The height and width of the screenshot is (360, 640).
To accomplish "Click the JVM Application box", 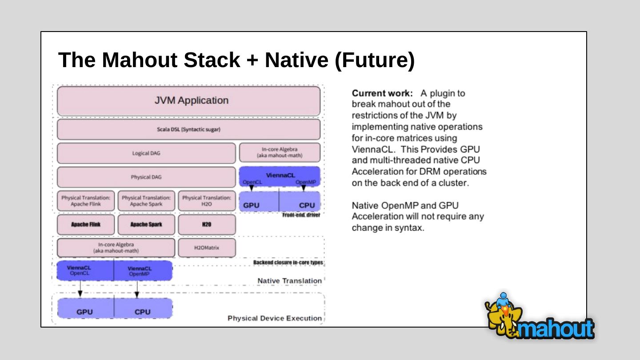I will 188,101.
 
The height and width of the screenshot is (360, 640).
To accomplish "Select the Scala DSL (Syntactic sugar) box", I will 188,130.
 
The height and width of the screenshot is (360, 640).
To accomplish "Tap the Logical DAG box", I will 146,153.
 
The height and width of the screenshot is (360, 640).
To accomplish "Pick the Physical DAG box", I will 146,177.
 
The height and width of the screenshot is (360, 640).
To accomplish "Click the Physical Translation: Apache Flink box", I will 86,201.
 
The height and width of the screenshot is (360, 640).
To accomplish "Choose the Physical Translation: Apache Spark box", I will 146,201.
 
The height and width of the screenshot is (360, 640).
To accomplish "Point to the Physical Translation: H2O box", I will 207,201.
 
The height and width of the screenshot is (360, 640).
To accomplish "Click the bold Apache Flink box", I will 86,224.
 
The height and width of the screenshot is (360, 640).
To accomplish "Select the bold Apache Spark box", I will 146,224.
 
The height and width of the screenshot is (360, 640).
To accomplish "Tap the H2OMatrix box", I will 207,248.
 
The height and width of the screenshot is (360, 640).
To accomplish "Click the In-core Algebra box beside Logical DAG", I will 280,152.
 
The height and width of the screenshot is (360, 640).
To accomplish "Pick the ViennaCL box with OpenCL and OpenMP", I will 280,176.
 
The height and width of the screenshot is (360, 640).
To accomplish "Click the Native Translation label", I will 289,281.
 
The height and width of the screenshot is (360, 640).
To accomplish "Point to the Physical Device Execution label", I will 274,318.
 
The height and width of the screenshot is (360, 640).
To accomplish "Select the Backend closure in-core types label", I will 288,263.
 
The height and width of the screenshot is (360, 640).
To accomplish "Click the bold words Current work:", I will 382,93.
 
